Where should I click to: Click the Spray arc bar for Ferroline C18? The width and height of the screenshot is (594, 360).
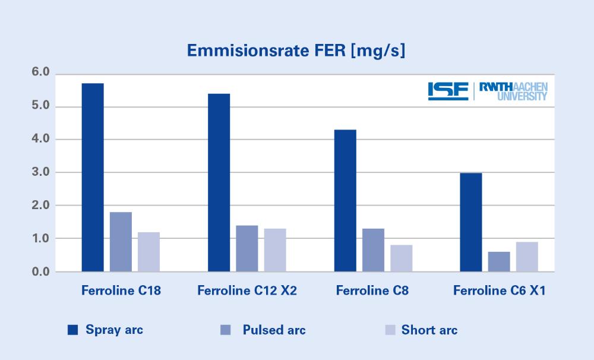click(x=93, y=178)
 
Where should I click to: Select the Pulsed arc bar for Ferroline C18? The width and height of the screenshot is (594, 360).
click(x=121, y=242)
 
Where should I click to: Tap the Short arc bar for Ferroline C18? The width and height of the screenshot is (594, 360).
click(x=148, y=252)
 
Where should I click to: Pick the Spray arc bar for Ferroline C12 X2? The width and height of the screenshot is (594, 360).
click(x=219, y=182)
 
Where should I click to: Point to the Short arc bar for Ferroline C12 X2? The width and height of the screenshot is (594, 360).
click(x=275, y=250)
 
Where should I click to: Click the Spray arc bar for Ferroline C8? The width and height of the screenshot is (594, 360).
click(x=345, y=201)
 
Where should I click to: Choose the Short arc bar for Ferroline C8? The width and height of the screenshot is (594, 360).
click(x=401, y=258)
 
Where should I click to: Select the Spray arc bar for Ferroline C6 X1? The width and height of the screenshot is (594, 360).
click(x=471, y=222)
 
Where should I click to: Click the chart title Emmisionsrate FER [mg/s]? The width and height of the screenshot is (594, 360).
click(x=296, y=51)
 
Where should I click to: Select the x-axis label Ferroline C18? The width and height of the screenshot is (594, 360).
click(x=121, y=291)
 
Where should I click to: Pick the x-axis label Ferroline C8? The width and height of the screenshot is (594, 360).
click(x=372, y=291)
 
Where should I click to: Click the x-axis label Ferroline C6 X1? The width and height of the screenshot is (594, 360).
click(x=500, y=291)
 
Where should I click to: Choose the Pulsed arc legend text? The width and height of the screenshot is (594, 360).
click(x=274, y=330)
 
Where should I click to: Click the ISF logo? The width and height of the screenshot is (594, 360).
click(x=448, y=90)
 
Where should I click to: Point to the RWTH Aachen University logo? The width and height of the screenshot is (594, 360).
click(x=513, y=91)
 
